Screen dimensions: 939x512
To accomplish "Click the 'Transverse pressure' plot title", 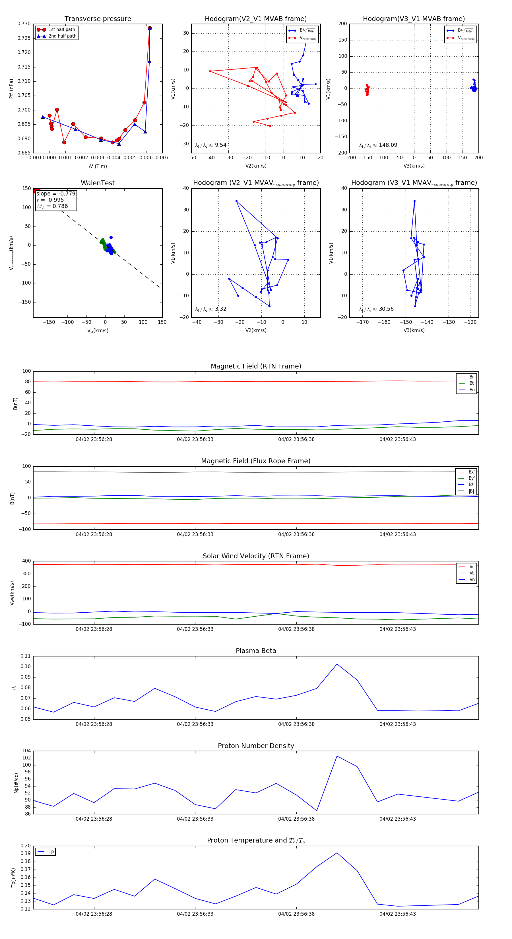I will point(98,19).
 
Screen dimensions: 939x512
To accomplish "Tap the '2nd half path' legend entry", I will point(62,36).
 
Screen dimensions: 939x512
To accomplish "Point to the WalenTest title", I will point(98,183).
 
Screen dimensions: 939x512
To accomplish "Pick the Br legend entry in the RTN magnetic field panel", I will point(471,377).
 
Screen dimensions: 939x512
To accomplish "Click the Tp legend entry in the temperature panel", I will point(51,852).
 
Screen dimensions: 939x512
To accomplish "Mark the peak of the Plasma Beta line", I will point(337,664).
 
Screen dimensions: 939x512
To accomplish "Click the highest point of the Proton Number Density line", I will point(337,756).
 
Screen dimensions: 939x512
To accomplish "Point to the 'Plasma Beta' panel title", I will point(256,651).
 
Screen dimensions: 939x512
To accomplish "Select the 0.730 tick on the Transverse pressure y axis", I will point(24,24).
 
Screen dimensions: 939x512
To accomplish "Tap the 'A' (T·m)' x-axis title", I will point(98,166).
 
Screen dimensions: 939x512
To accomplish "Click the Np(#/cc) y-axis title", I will point(16,783).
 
